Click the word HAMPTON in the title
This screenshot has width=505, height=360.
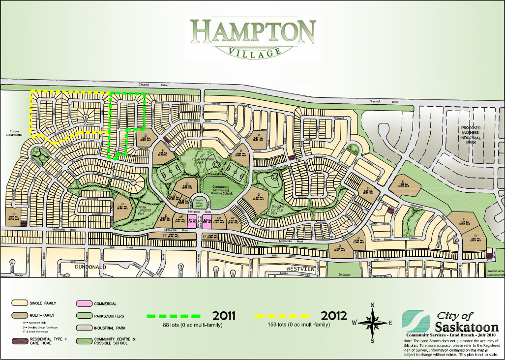[253, 32]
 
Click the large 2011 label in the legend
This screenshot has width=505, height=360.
[223, 315]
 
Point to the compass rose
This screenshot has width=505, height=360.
[373, 322]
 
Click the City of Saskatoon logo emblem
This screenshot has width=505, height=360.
[415, 320]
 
